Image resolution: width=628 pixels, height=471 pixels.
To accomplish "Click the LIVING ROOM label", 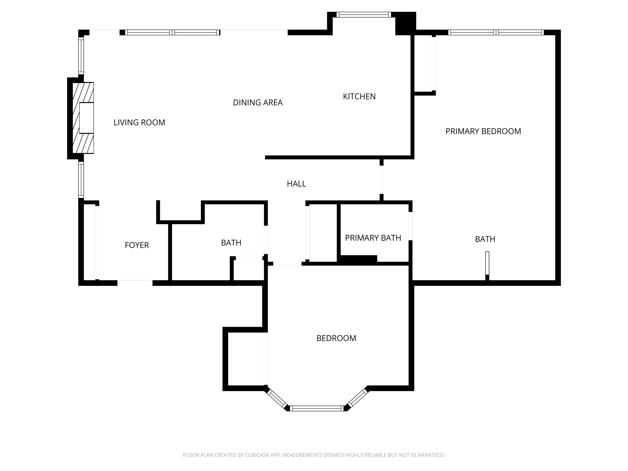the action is click(139, 122).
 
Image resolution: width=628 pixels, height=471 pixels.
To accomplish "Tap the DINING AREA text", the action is click(258, 103).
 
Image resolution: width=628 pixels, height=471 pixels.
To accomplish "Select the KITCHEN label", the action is click(359, 97).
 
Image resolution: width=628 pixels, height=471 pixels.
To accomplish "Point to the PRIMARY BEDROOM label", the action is click(483, 131).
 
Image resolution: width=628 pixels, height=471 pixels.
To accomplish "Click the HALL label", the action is click(296, 184).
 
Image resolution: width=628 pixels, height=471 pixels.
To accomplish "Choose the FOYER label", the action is click(137, 245).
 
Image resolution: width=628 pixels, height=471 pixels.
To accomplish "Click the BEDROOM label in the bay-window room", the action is click(336, 338).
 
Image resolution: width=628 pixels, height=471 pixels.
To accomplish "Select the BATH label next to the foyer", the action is click(231, 243).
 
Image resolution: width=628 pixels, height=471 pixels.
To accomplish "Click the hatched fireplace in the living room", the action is click(83, 118).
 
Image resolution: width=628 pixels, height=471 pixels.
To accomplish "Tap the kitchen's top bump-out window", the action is click(364, 15).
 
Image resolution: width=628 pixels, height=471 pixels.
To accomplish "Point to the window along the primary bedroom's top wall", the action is click(496, 32).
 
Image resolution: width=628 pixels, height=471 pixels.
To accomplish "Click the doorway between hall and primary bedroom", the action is click(382, 180).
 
